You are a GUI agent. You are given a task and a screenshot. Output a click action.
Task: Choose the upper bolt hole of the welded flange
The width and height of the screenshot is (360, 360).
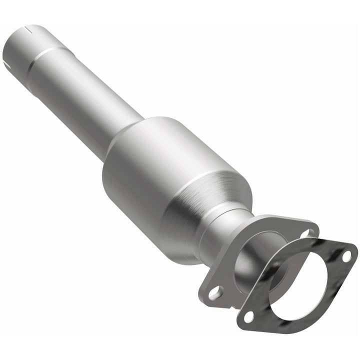(x=305, y=233)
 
